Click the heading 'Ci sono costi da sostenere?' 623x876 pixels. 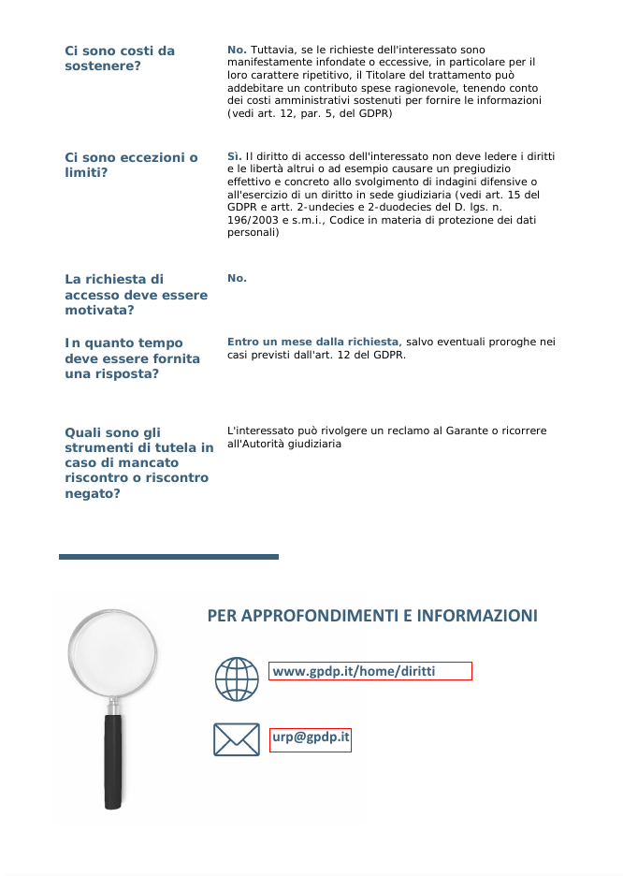[x=120, y=58]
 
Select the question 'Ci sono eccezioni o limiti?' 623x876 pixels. [x=131, y=165]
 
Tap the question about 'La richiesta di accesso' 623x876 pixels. [x=136, y=294]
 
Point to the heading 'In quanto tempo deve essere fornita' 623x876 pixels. [x=132, y=358]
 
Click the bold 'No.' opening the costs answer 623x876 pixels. [x=237, y=49]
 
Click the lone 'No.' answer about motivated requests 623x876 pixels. [x=237, y=278]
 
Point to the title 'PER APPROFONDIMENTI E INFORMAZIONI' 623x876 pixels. [x=372, y=616]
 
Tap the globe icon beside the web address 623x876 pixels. [x=237, y=679]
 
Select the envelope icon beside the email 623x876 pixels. [x=237, y=739]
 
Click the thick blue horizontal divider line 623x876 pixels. [x=168, y=557]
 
